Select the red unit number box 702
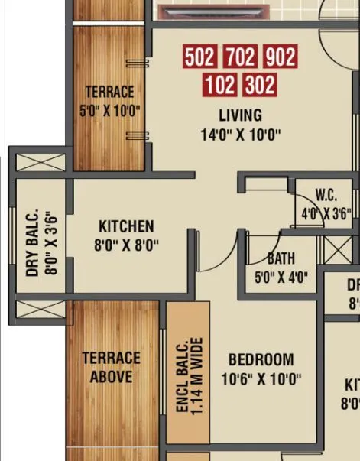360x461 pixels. [x=240, y=57]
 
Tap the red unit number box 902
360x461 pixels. [x=279, y=57]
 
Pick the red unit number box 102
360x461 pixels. [x=220, y=84]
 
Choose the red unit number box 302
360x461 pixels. [x=259, y=84]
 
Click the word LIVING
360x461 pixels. [x=240, y=116]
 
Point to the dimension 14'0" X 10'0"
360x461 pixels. [x=240, y=135]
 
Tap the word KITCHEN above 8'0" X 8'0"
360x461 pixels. [x=126, y=227]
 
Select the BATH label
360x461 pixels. [x=281, y=258]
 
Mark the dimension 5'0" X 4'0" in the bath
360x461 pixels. [x=281, y=278]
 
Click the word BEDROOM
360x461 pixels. [x=261, y=359]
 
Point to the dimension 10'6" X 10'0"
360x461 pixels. [x=261, y=378]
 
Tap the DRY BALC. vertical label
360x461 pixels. [x=32, y=244]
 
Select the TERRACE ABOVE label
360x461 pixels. [x=112, y=367]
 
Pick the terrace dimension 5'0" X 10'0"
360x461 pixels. [x=109, y=111]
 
